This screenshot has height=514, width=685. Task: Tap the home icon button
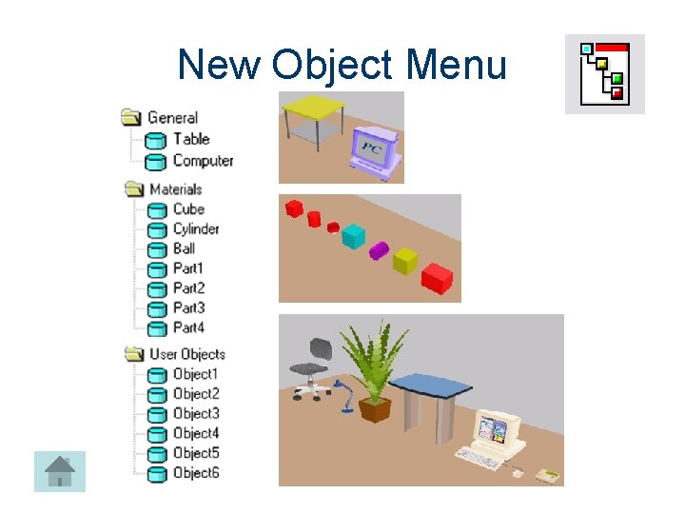(60, 471)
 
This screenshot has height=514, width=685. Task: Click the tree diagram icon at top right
(604, 73)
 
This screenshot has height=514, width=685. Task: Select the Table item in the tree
(191, 139)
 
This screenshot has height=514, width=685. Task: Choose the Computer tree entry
(203, 161)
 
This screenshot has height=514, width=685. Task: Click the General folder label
(172, 117)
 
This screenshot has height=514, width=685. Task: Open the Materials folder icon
(132, 189)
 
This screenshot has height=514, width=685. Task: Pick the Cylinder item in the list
(196, 228)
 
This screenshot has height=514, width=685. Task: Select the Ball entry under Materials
(185, 248)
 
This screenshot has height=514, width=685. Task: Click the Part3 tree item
(188, 307)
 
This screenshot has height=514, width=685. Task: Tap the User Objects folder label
(186, 354)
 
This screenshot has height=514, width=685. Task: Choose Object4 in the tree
(196, 433)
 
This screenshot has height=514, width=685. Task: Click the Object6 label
(196, 473)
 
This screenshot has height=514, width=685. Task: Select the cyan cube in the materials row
(353, 235)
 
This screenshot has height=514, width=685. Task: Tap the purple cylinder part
(379, 250)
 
